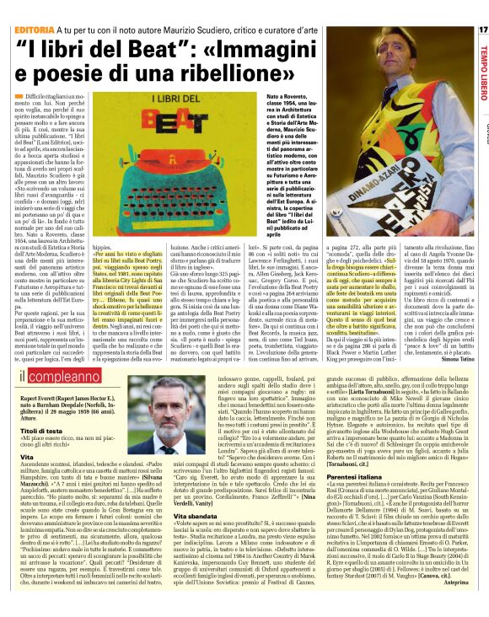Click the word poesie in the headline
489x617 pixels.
pyautogui.click(x=81, y=83)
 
